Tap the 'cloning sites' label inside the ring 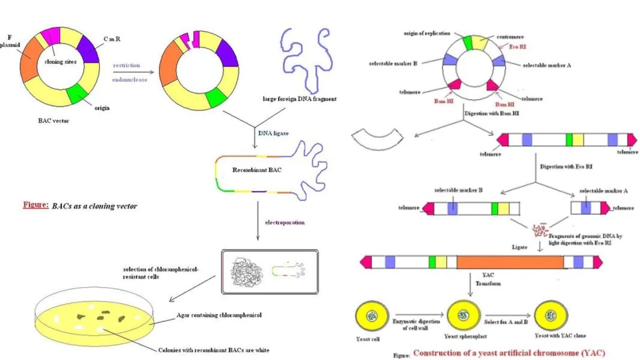(x=60, y=62)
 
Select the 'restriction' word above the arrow (x=126, y=65)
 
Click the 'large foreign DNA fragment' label (x=299, y=99)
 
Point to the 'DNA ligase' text (x=273, y=133)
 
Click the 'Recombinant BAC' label (x=257, y=170)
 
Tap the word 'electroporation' (x=285, y=222)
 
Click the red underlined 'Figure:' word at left (x=35, y=205)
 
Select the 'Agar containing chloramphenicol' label (x=219, y=315)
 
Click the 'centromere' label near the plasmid (x=510, y=37)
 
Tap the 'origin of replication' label (x=427, y=33)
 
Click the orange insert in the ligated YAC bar (x=510, y=262)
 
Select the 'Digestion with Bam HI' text (x=492, y=113)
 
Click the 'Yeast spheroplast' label (x=465, y=336)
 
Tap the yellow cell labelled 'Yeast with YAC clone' (x=550, y=315)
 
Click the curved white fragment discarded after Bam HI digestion (x=377, y=140)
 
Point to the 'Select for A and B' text (x=505, y=322)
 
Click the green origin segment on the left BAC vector (x=77, y=93)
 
